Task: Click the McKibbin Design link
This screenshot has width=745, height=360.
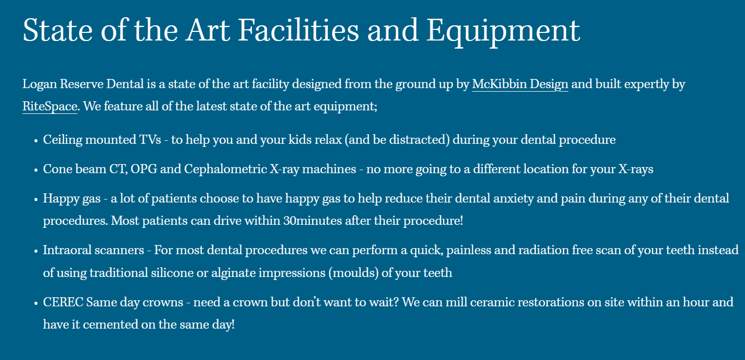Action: point(520,84)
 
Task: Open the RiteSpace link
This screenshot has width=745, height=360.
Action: point(50,106)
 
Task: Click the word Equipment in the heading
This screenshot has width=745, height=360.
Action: point(504,31)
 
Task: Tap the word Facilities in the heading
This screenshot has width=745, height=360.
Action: point(299,30)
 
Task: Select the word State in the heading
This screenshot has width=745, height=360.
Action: point(58,30)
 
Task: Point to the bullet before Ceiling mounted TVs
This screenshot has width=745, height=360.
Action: point(36,141)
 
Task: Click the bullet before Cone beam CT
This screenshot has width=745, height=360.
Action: point(36,170)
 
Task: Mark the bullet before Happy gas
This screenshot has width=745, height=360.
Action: point(36,199)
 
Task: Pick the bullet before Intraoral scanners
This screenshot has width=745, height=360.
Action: point(36,251)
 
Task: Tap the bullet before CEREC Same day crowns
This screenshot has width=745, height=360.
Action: point(36,303)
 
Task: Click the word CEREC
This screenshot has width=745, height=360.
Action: point(63,302)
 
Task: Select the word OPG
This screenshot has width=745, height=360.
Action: point(144,169)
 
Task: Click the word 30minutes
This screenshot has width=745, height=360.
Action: point(313,221)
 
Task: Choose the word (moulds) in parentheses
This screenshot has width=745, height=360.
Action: point(354,273)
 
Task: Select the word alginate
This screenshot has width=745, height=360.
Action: point(233,273)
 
